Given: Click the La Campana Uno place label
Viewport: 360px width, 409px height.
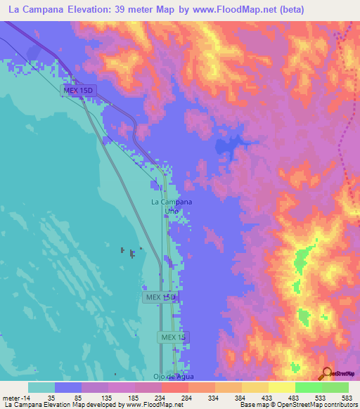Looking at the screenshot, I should point(172,205).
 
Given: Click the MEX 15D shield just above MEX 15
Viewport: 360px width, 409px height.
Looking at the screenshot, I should point(160,297).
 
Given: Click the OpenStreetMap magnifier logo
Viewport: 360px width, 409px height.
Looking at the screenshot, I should point(328,373).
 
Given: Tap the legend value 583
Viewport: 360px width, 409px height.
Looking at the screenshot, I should point(348,397).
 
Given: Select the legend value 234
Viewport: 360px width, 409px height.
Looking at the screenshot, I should point(161,397).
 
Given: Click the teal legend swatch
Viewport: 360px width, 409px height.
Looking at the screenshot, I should point(41,387).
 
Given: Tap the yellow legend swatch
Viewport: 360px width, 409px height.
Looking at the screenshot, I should point(281,387).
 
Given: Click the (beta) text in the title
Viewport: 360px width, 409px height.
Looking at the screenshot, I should point(291,9).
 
